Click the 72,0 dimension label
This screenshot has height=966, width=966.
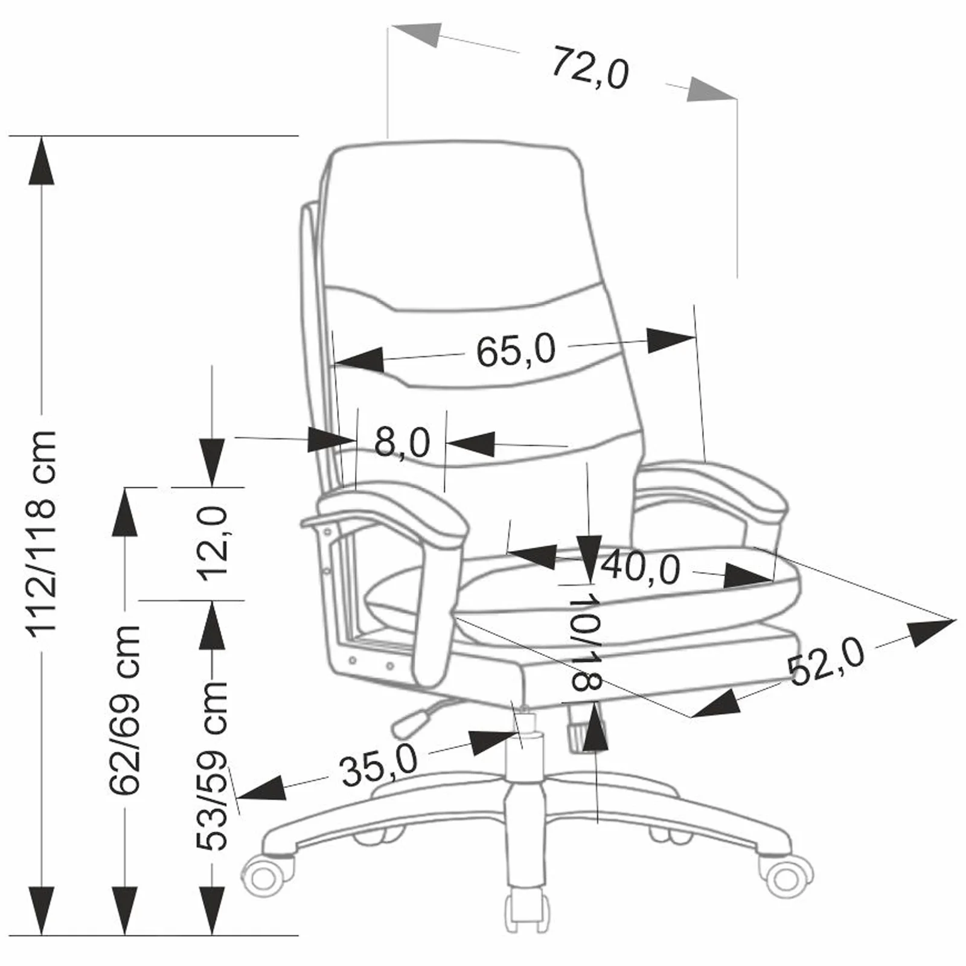[590, 68]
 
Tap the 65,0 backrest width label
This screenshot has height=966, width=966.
[516, 350]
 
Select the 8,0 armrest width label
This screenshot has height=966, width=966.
[402, 442]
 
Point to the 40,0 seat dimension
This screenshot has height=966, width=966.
[641, 568]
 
